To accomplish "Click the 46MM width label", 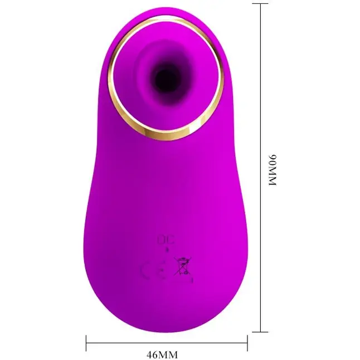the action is tap(162, 355).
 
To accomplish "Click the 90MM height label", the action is tap(273, 171).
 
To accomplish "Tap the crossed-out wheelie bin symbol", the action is tap(182, 266).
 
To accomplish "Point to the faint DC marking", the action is tap(166, 240).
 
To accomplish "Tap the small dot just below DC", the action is tap(167, 250).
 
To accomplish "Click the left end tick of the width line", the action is tap(86, 343).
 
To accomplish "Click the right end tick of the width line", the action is tap(247, 343).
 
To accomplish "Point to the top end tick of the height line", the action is tap(260, 4).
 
